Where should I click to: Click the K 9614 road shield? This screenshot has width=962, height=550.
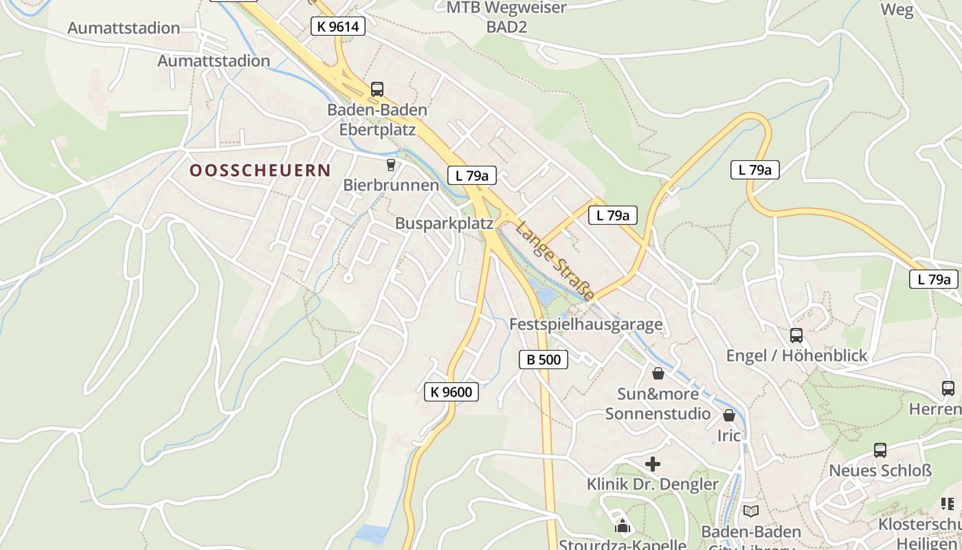(x=337, y=27)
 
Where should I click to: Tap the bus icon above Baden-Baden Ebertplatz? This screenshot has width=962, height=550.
(x=377, y=89)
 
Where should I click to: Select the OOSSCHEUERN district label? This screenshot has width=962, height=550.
(x=260, y=170)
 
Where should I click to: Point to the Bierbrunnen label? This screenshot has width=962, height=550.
(x=390, y=185)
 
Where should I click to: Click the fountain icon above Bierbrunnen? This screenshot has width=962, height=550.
(x=390, y=164)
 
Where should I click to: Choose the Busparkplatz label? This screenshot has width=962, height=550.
(x=444, y=223)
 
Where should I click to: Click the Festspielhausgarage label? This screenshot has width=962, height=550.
(x=585, y=324)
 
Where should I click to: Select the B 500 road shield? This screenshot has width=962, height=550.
(x=543, y=359)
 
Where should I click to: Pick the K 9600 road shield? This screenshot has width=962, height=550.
(x=451, y=392)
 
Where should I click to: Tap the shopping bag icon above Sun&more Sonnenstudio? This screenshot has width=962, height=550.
(x=658, y=373)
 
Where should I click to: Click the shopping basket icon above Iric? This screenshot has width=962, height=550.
(x=729, y=416)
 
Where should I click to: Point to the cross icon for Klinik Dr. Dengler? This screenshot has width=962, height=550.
(x=653, y=464)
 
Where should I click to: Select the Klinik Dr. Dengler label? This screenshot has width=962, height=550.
(x=652, y=484)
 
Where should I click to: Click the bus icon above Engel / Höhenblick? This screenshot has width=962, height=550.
(x=796, y=335)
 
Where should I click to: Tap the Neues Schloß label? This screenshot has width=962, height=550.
(x=880, y=471)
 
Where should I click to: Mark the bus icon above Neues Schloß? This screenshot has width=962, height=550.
(x=880, y=450)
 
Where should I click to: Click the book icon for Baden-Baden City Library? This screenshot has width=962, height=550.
(x=751, y=511)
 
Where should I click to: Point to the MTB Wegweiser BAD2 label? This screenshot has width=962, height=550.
(x=506, y=17)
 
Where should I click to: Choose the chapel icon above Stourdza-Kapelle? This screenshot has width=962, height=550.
(x=623, y=527)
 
